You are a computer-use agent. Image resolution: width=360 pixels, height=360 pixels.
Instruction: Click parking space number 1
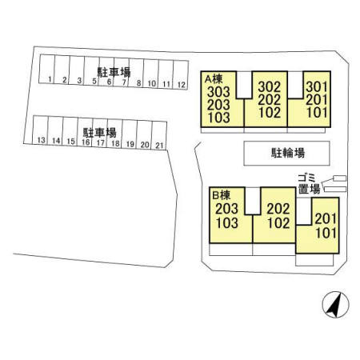[47, 69]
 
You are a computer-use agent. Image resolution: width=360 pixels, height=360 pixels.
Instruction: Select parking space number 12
[181, 74]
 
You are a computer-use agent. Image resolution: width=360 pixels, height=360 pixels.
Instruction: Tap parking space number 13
[41, 130]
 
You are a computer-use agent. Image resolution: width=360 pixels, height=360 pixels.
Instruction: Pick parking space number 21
[159, 136]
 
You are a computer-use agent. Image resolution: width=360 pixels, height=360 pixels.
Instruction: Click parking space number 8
[136, 73]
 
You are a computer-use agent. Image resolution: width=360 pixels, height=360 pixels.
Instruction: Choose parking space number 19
[130, 134]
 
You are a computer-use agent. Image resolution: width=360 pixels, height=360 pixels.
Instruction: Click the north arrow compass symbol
[335, 305]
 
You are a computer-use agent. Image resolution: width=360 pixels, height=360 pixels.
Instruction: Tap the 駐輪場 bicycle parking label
[288, 153]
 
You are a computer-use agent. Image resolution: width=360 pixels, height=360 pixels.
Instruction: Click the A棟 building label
[214, 79]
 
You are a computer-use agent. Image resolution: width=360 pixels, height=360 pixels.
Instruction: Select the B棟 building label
[222, 195]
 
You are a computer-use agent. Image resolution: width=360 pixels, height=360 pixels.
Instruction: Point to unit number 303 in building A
[218, 92]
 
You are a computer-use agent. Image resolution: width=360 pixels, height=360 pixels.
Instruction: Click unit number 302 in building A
[270, 87]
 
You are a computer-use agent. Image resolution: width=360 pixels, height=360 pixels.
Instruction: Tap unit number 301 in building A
[317, 87]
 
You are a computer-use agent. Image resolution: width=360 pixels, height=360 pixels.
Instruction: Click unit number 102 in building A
[270, 113]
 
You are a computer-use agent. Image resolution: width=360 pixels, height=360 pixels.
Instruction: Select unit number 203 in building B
[226, 209]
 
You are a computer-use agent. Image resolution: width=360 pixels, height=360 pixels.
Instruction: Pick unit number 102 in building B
[278, 223]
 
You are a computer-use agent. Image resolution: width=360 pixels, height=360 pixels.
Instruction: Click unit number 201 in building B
[326, 219]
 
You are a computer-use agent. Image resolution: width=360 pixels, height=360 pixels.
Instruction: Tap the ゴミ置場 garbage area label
[309, 184]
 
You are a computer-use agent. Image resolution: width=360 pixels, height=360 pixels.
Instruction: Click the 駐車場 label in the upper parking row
[114, 72]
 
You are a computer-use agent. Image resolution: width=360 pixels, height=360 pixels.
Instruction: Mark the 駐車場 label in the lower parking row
[99, 133]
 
